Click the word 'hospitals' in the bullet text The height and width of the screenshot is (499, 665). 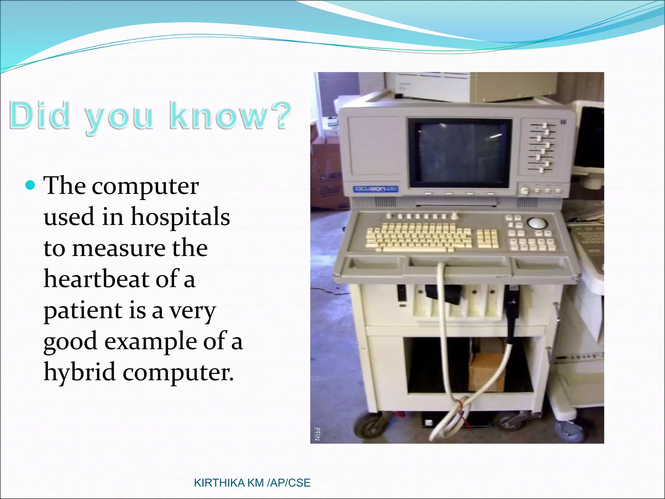(180, 217)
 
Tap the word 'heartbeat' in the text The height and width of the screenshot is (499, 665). (96, 279)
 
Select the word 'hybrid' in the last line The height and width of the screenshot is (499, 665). (80, 372)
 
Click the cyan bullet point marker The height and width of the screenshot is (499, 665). (30, 186)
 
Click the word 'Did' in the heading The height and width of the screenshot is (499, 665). (40, 115)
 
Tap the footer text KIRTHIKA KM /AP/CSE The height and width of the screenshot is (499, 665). (252, 483)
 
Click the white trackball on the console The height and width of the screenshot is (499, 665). (536, 223)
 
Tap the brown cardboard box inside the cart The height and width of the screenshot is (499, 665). (486, 372)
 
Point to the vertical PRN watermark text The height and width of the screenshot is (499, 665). (317, 434)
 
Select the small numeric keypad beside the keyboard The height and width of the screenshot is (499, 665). (487, 238)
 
